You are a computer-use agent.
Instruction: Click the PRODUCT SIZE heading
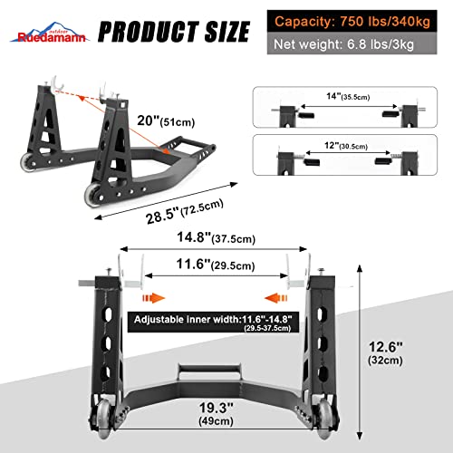[173, 32]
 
